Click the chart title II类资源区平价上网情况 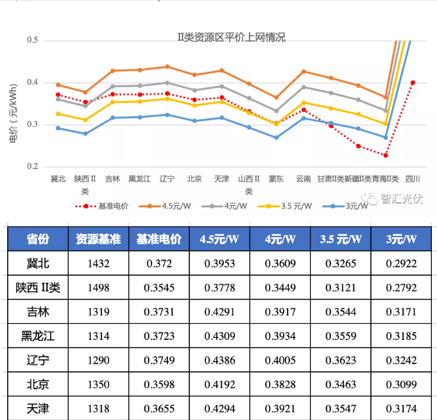coord(231,38)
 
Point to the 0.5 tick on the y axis coord(33,40)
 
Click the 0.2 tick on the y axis coord(33,167)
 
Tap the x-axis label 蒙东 coord(277,179)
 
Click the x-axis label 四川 coord(413,179)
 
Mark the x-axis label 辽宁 coord(167,179)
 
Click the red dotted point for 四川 coord(413,83)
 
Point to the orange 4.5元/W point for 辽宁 coord(167,67)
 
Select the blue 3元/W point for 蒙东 coord(277,137)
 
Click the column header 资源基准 coord(98,239)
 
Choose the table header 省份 coord(38,239)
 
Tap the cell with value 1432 coord(98,264)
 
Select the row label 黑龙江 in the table coord(38,336)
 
